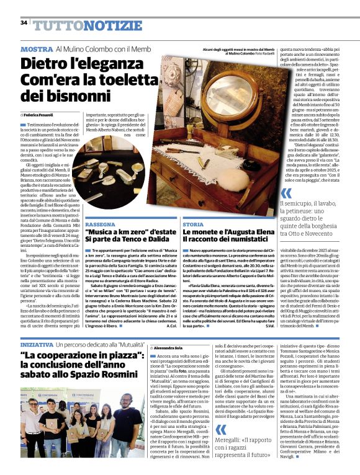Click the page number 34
[24, 23]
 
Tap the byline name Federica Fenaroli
[39, 115]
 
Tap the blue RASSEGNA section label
[100, 224]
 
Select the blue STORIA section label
[192, 224]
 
